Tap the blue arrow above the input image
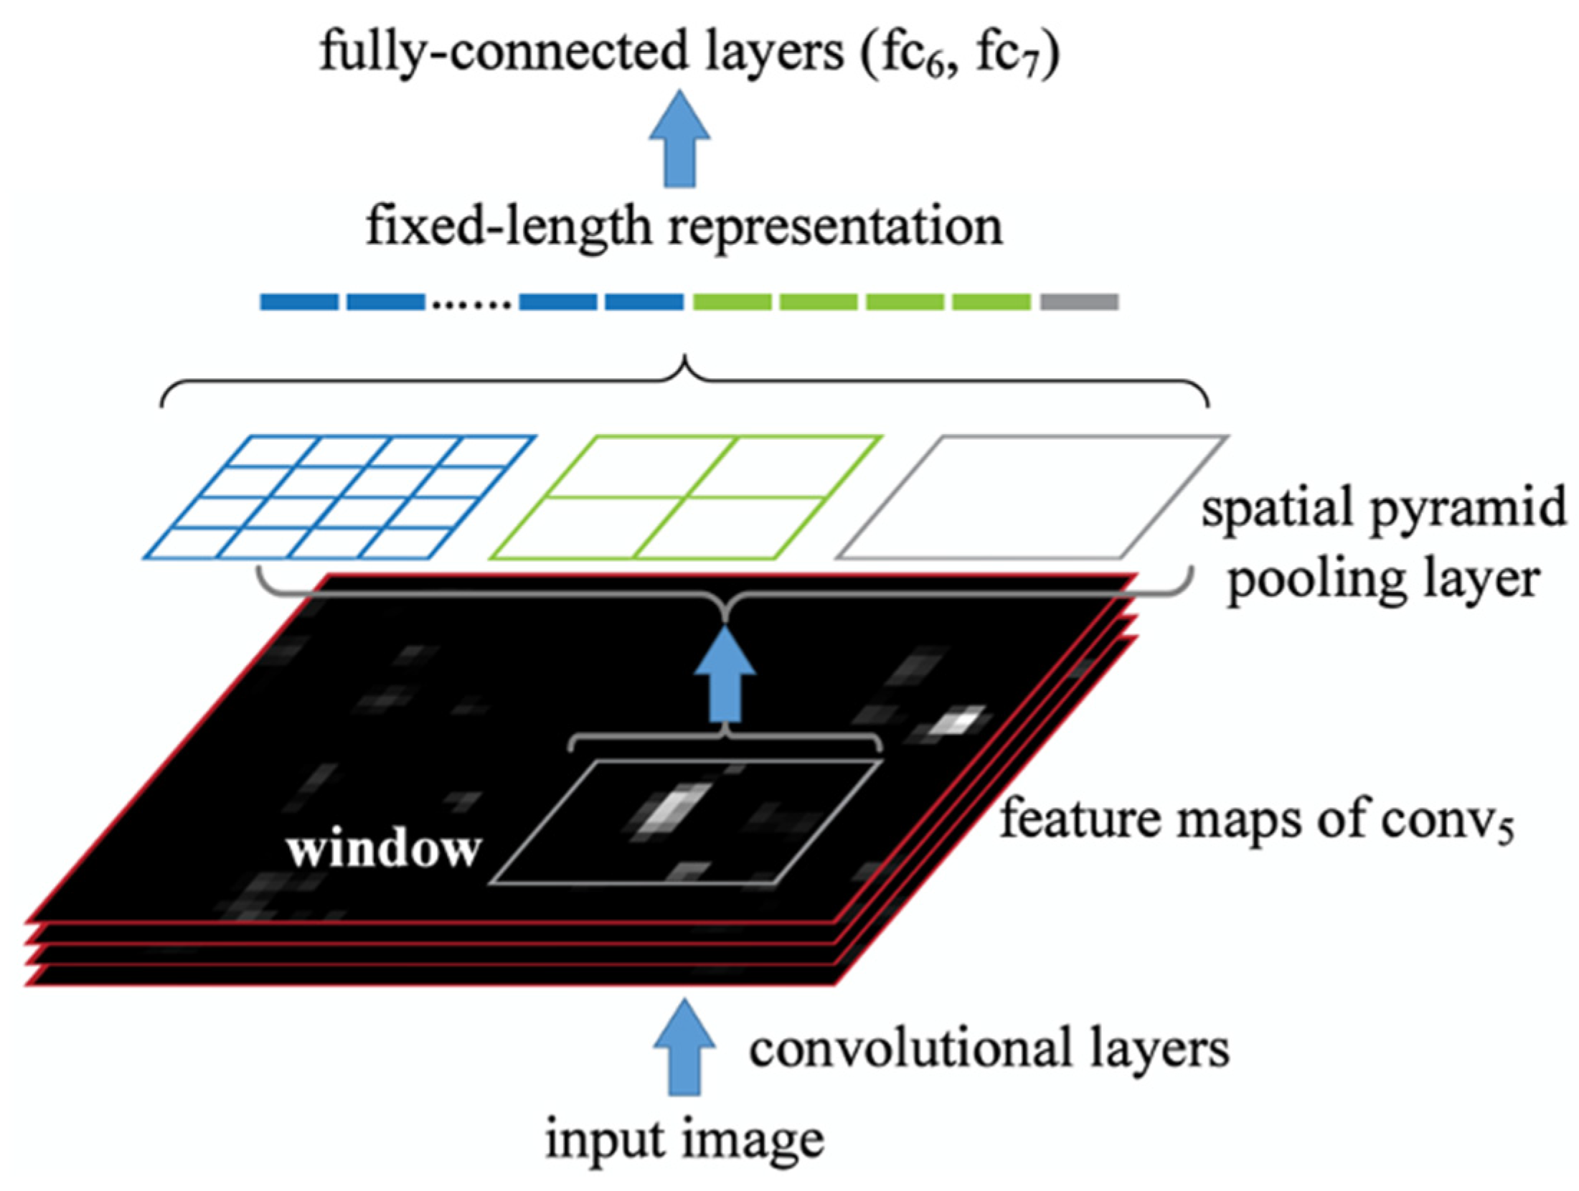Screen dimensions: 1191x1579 684,1047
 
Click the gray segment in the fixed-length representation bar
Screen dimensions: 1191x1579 1078,302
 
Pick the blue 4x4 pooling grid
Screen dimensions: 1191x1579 339,496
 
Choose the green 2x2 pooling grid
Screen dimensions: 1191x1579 685,496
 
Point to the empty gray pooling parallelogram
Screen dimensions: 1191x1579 1032,496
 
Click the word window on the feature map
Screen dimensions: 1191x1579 384,849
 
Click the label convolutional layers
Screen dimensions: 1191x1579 989,1048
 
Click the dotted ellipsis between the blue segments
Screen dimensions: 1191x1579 471,305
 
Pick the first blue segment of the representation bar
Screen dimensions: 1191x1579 298,302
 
